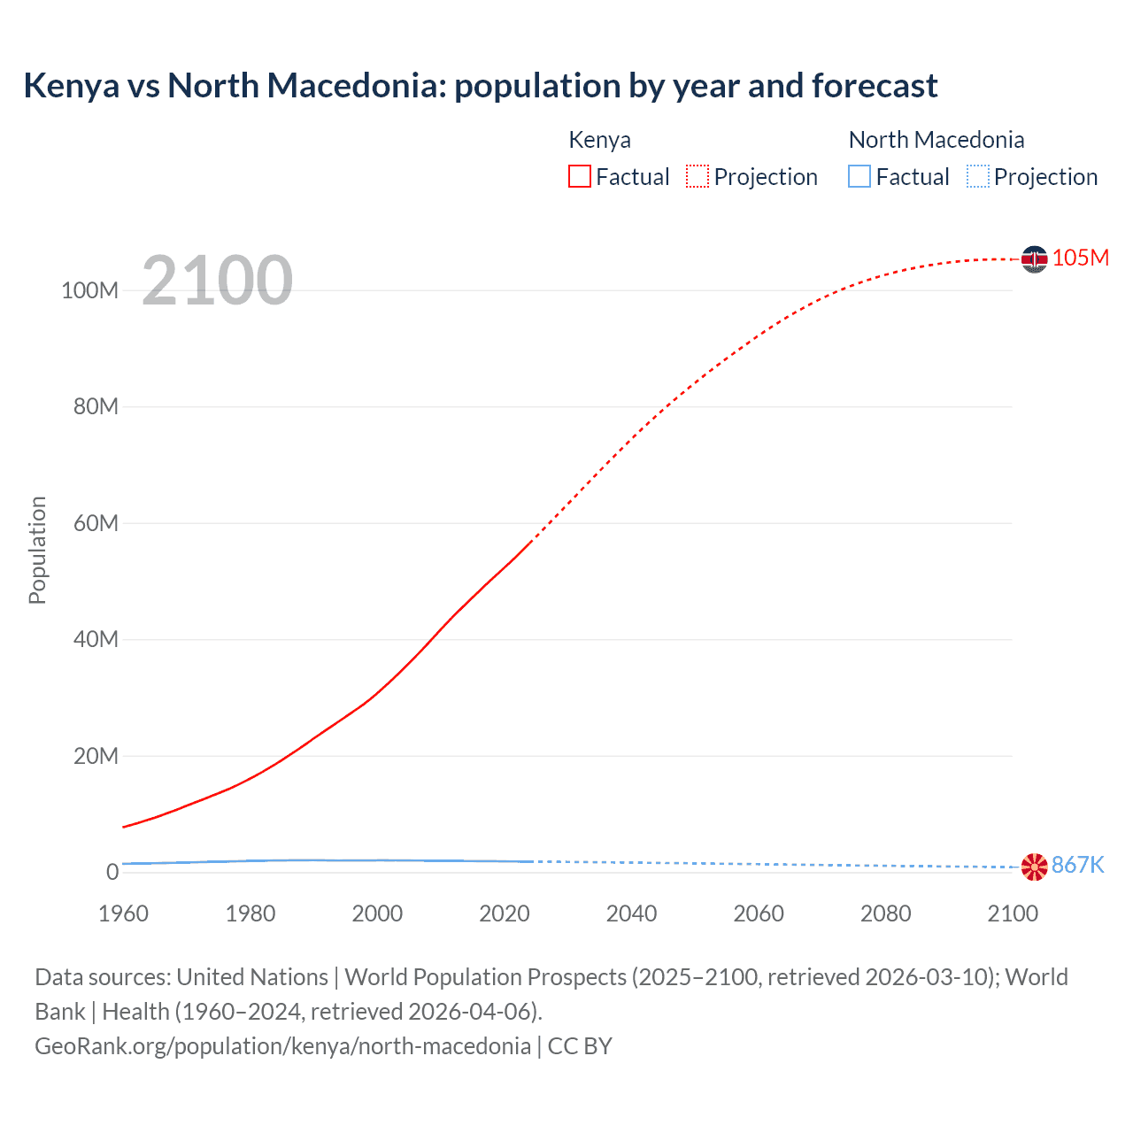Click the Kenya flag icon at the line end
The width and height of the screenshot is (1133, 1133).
[x=1034, y=258]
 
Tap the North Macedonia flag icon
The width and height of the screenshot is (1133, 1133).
[x=1034, y=867]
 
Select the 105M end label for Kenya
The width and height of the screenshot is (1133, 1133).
[x=1080, y=258]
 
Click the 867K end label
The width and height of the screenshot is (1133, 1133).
[x=1077, y=865]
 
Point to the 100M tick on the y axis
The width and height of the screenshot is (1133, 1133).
[x=89, y=290]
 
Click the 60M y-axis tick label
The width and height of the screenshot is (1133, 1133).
[x=96, y=523]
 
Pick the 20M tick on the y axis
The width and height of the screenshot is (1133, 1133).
[x=96, y=756]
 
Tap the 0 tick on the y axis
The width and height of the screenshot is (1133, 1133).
[x=112, y=872]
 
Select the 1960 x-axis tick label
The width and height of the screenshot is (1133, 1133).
[x=123, y=913]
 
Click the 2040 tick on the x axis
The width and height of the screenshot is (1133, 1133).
[x=631, y=913]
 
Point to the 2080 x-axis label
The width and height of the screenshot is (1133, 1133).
[x=885, y=913]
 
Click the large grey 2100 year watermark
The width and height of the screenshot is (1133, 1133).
[x=217, y=281]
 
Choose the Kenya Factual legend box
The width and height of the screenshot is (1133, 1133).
[x=580, y=176]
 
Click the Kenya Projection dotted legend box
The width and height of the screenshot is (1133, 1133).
[x=698, y=176]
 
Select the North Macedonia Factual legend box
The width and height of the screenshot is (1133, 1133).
[x=859, y=176]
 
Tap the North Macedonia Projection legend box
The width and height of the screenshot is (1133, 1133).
[x=978, y=176]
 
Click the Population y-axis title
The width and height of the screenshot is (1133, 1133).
[x=37, y=550]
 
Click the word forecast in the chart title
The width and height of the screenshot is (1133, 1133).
[x=875, y=86]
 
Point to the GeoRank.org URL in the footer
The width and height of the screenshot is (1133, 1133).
[x=282, y=1045]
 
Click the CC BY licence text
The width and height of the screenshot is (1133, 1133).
[x=580, y=1045]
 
